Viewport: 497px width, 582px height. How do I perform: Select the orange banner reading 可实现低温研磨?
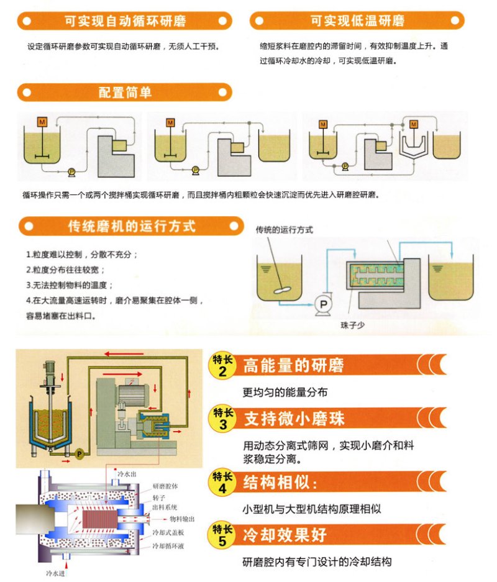pyautogui.click(x=357, y=21)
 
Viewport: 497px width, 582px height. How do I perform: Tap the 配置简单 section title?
pyautogui.click(x=125, y=93)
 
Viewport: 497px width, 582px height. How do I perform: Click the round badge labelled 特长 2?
pyautogui.click(x=223, y=365)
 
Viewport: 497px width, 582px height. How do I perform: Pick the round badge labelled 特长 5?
pyautogui.click(x=223, y=535)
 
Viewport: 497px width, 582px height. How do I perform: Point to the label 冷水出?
pyautogui.click(x=118, y=474)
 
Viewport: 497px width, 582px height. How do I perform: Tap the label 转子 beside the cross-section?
pyautogui.click(x=158, y=498)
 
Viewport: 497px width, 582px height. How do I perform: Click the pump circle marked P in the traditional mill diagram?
pyautogui.click(x=322, y=302)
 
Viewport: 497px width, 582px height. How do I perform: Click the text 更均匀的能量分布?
pyautogui.click(x=285, y=392)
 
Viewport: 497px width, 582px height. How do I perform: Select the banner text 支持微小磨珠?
pyautogui.click(x=294, y=418)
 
